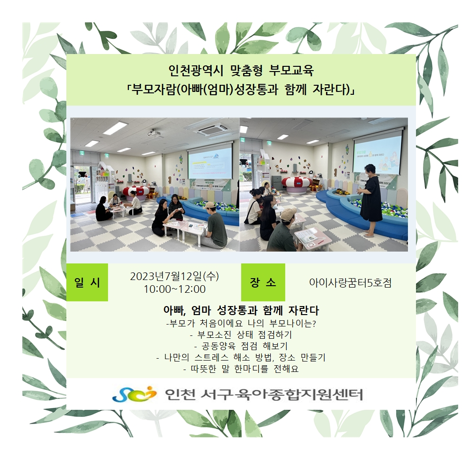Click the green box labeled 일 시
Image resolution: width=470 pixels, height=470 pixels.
point(87,282)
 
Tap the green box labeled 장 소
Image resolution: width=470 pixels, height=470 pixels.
point(263,282)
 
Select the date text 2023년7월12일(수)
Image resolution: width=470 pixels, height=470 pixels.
point(174,276)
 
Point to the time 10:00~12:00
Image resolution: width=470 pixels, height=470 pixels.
point(174,289)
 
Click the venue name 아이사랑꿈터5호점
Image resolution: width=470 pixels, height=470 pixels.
point(351,283)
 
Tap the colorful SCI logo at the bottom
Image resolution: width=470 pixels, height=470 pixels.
point(135,394)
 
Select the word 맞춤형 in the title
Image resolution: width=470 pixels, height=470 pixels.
point(246,71)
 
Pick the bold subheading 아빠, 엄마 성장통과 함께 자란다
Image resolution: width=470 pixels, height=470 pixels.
point(241,310)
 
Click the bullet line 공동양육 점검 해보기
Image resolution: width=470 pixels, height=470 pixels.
point(241,346)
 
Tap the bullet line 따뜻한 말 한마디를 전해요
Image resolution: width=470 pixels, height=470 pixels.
point(241,369)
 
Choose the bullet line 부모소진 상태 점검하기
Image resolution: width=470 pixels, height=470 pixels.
point(241,334)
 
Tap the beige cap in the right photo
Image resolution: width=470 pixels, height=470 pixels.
point(289,213)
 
